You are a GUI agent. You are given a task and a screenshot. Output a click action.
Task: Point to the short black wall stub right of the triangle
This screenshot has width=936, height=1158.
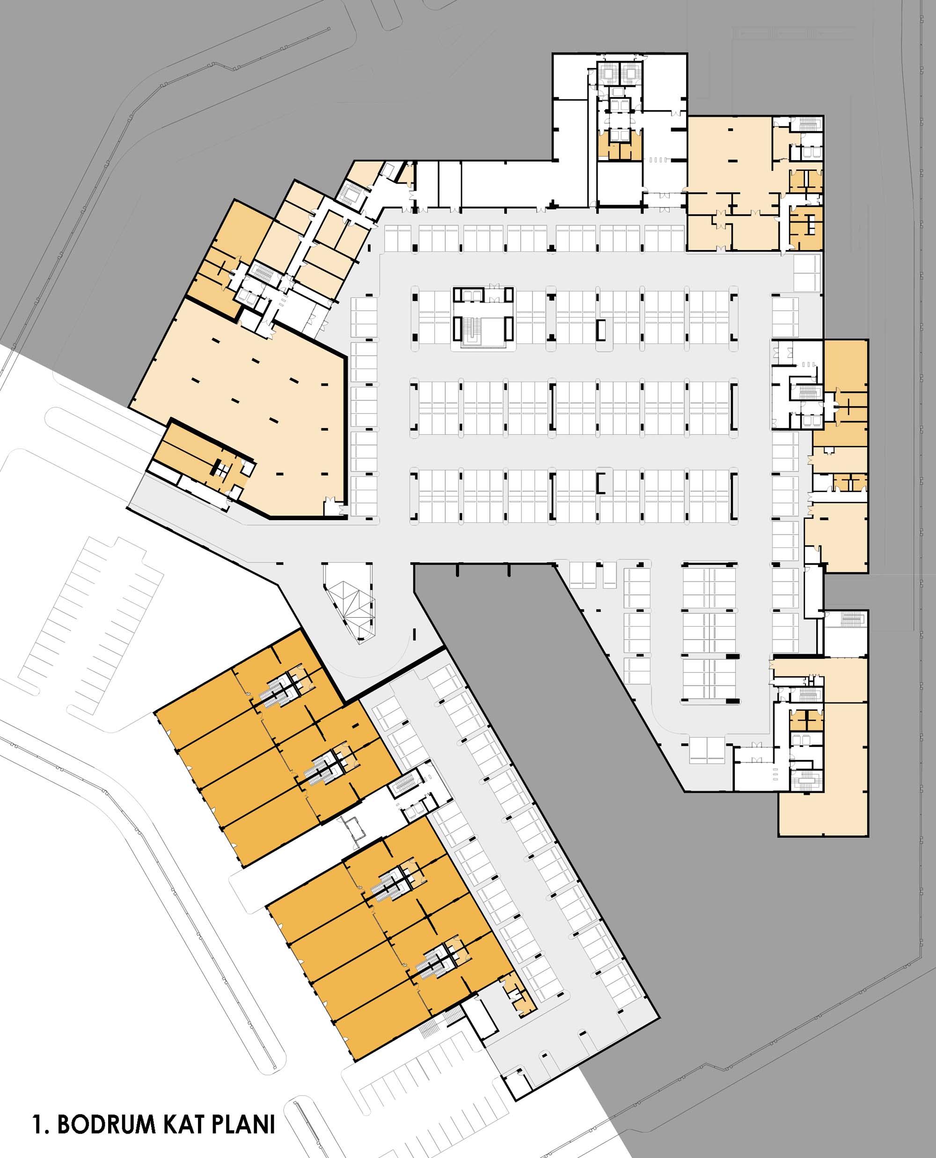414,633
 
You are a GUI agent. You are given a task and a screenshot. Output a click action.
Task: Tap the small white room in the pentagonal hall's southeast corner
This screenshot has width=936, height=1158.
333,508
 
